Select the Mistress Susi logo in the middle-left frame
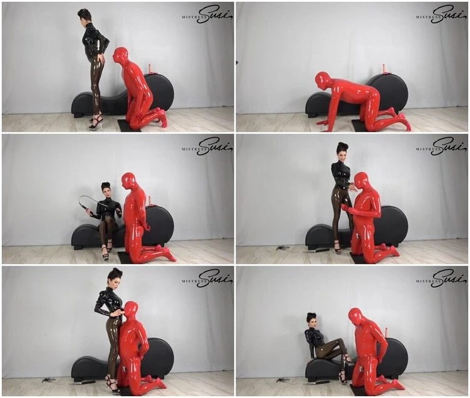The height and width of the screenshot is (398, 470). (207, 147)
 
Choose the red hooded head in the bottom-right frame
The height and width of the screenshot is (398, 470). (357, 318)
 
